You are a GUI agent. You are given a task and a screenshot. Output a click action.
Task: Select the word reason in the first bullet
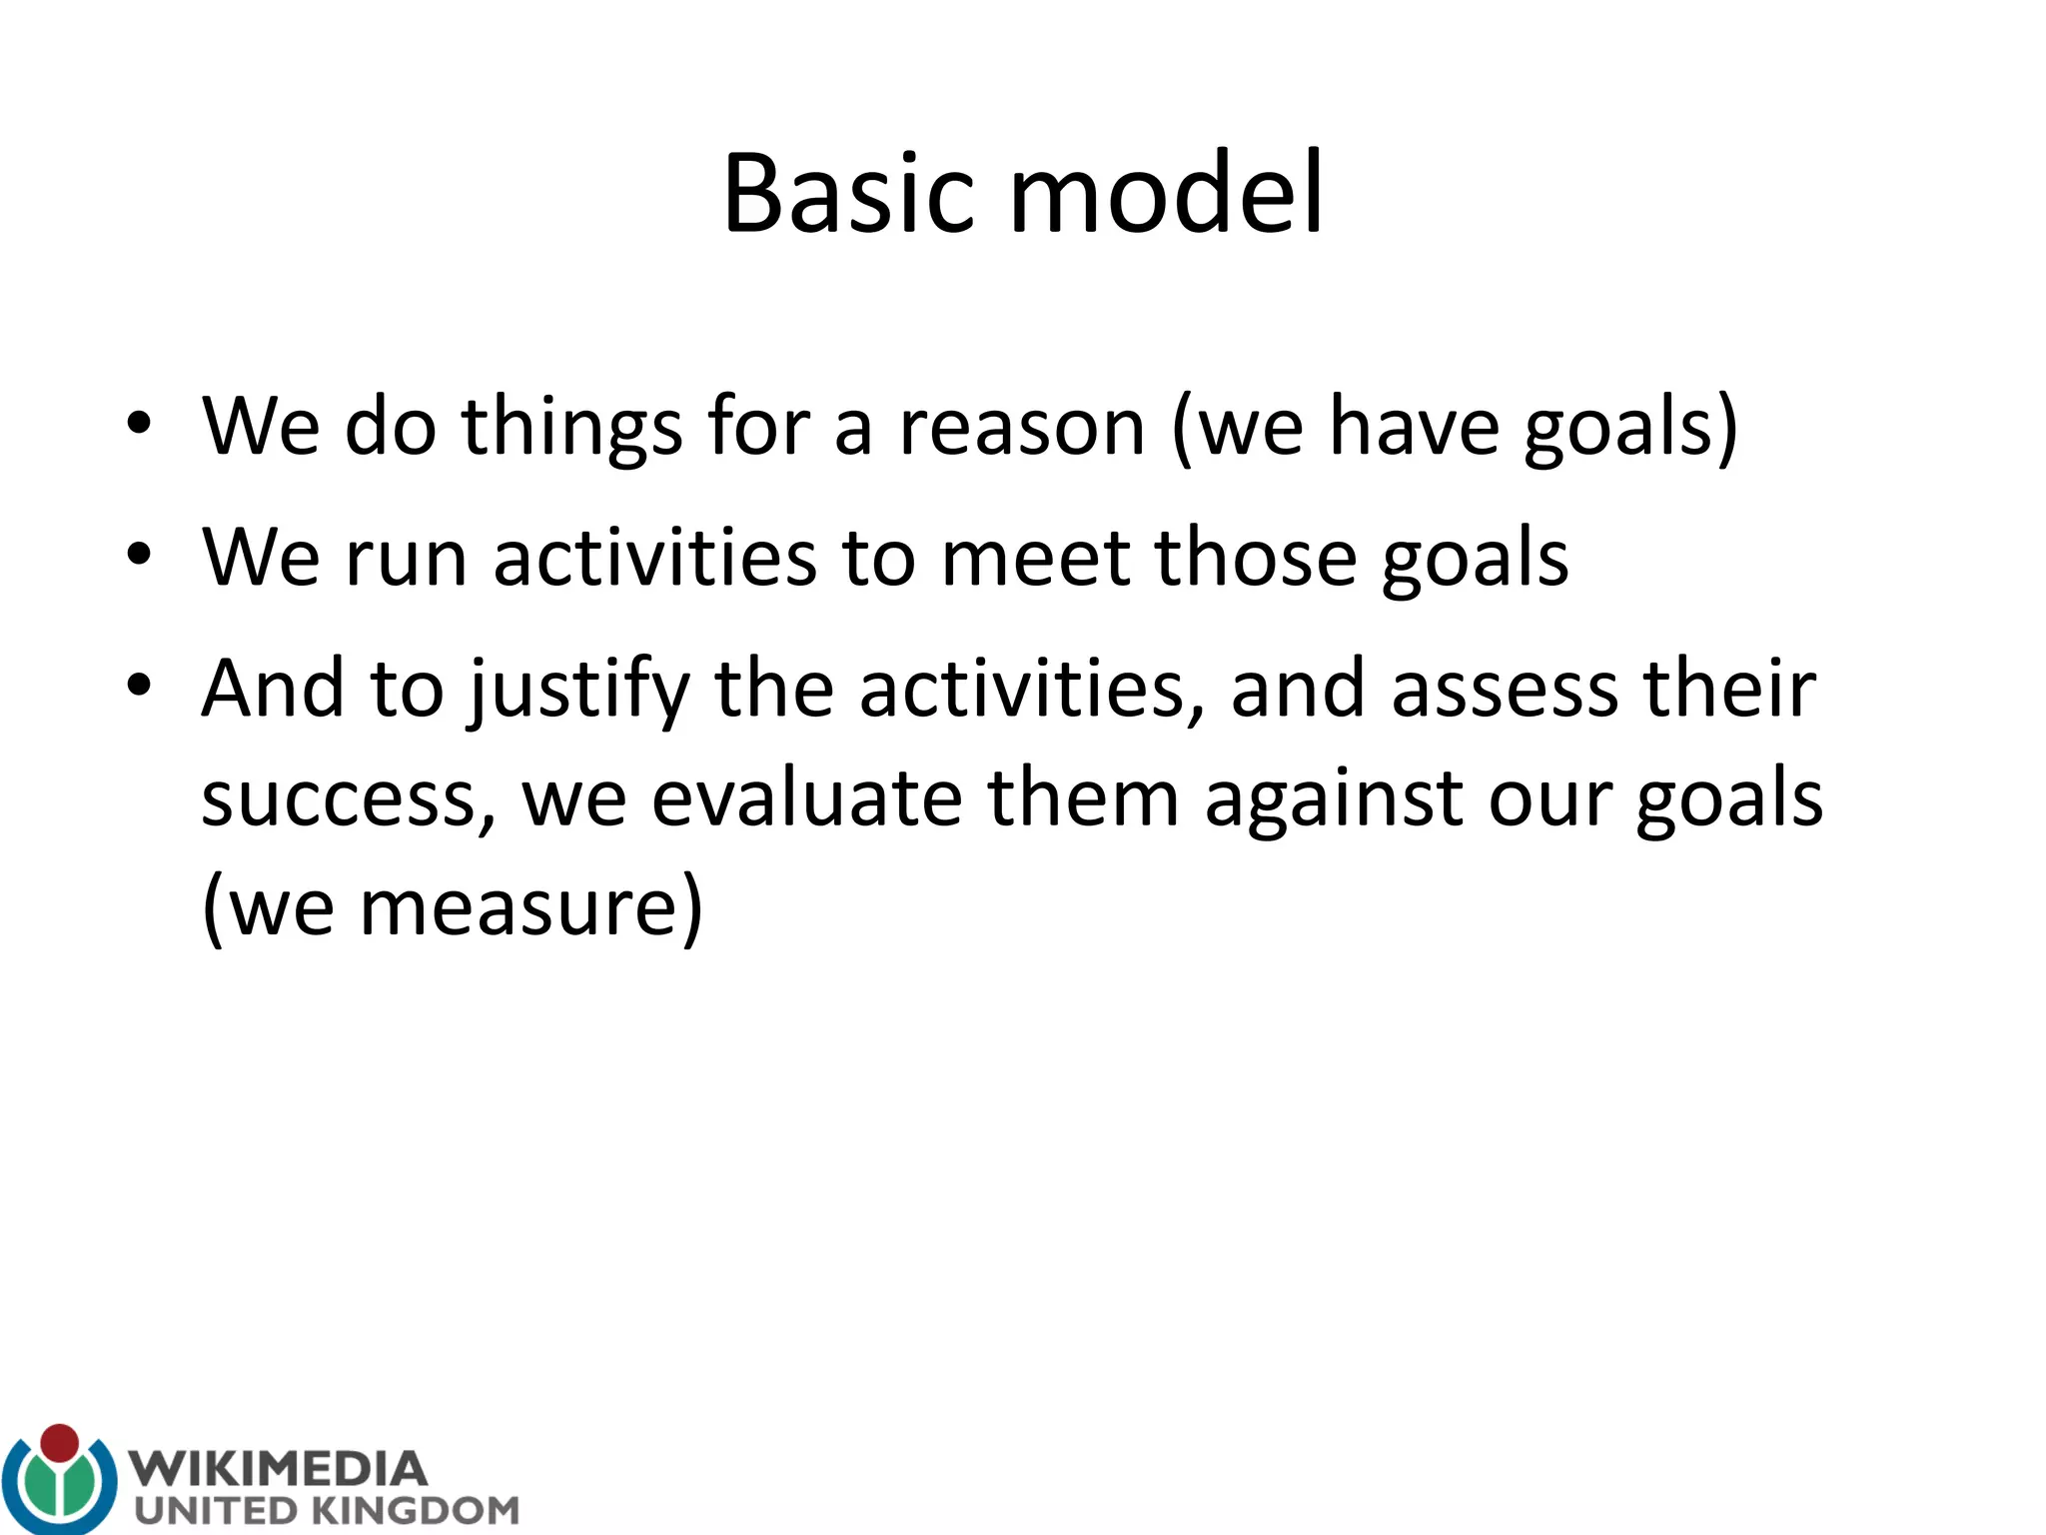[1021, 428]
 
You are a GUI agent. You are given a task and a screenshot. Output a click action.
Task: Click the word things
[571, 428]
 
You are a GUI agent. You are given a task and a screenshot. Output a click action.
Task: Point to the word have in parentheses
[1413, 428]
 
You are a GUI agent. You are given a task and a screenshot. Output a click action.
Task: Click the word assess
[1505, 690]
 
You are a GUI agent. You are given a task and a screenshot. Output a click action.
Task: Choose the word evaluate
[807, 799]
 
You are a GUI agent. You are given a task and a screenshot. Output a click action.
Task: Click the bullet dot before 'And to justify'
[139, 686]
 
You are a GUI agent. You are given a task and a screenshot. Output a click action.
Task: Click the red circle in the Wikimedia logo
[60, 1443]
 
